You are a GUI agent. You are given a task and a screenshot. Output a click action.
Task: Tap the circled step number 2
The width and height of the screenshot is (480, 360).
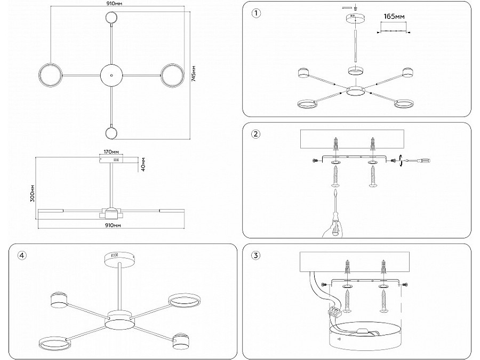(256, 134)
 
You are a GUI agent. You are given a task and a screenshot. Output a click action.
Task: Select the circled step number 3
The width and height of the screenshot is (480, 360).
(256, 255)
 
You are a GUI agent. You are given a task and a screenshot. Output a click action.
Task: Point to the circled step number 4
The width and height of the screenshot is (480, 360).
(21, 255)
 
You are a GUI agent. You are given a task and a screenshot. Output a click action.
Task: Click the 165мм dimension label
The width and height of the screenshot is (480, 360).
(394, 17)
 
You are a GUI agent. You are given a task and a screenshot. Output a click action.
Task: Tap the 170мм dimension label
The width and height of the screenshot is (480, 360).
(111, 151)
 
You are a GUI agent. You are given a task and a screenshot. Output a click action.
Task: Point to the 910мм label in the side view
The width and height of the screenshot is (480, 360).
(111, 226)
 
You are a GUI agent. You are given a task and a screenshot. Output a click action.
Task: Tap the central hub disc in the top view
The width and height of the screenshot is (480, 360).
(111, 75)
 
